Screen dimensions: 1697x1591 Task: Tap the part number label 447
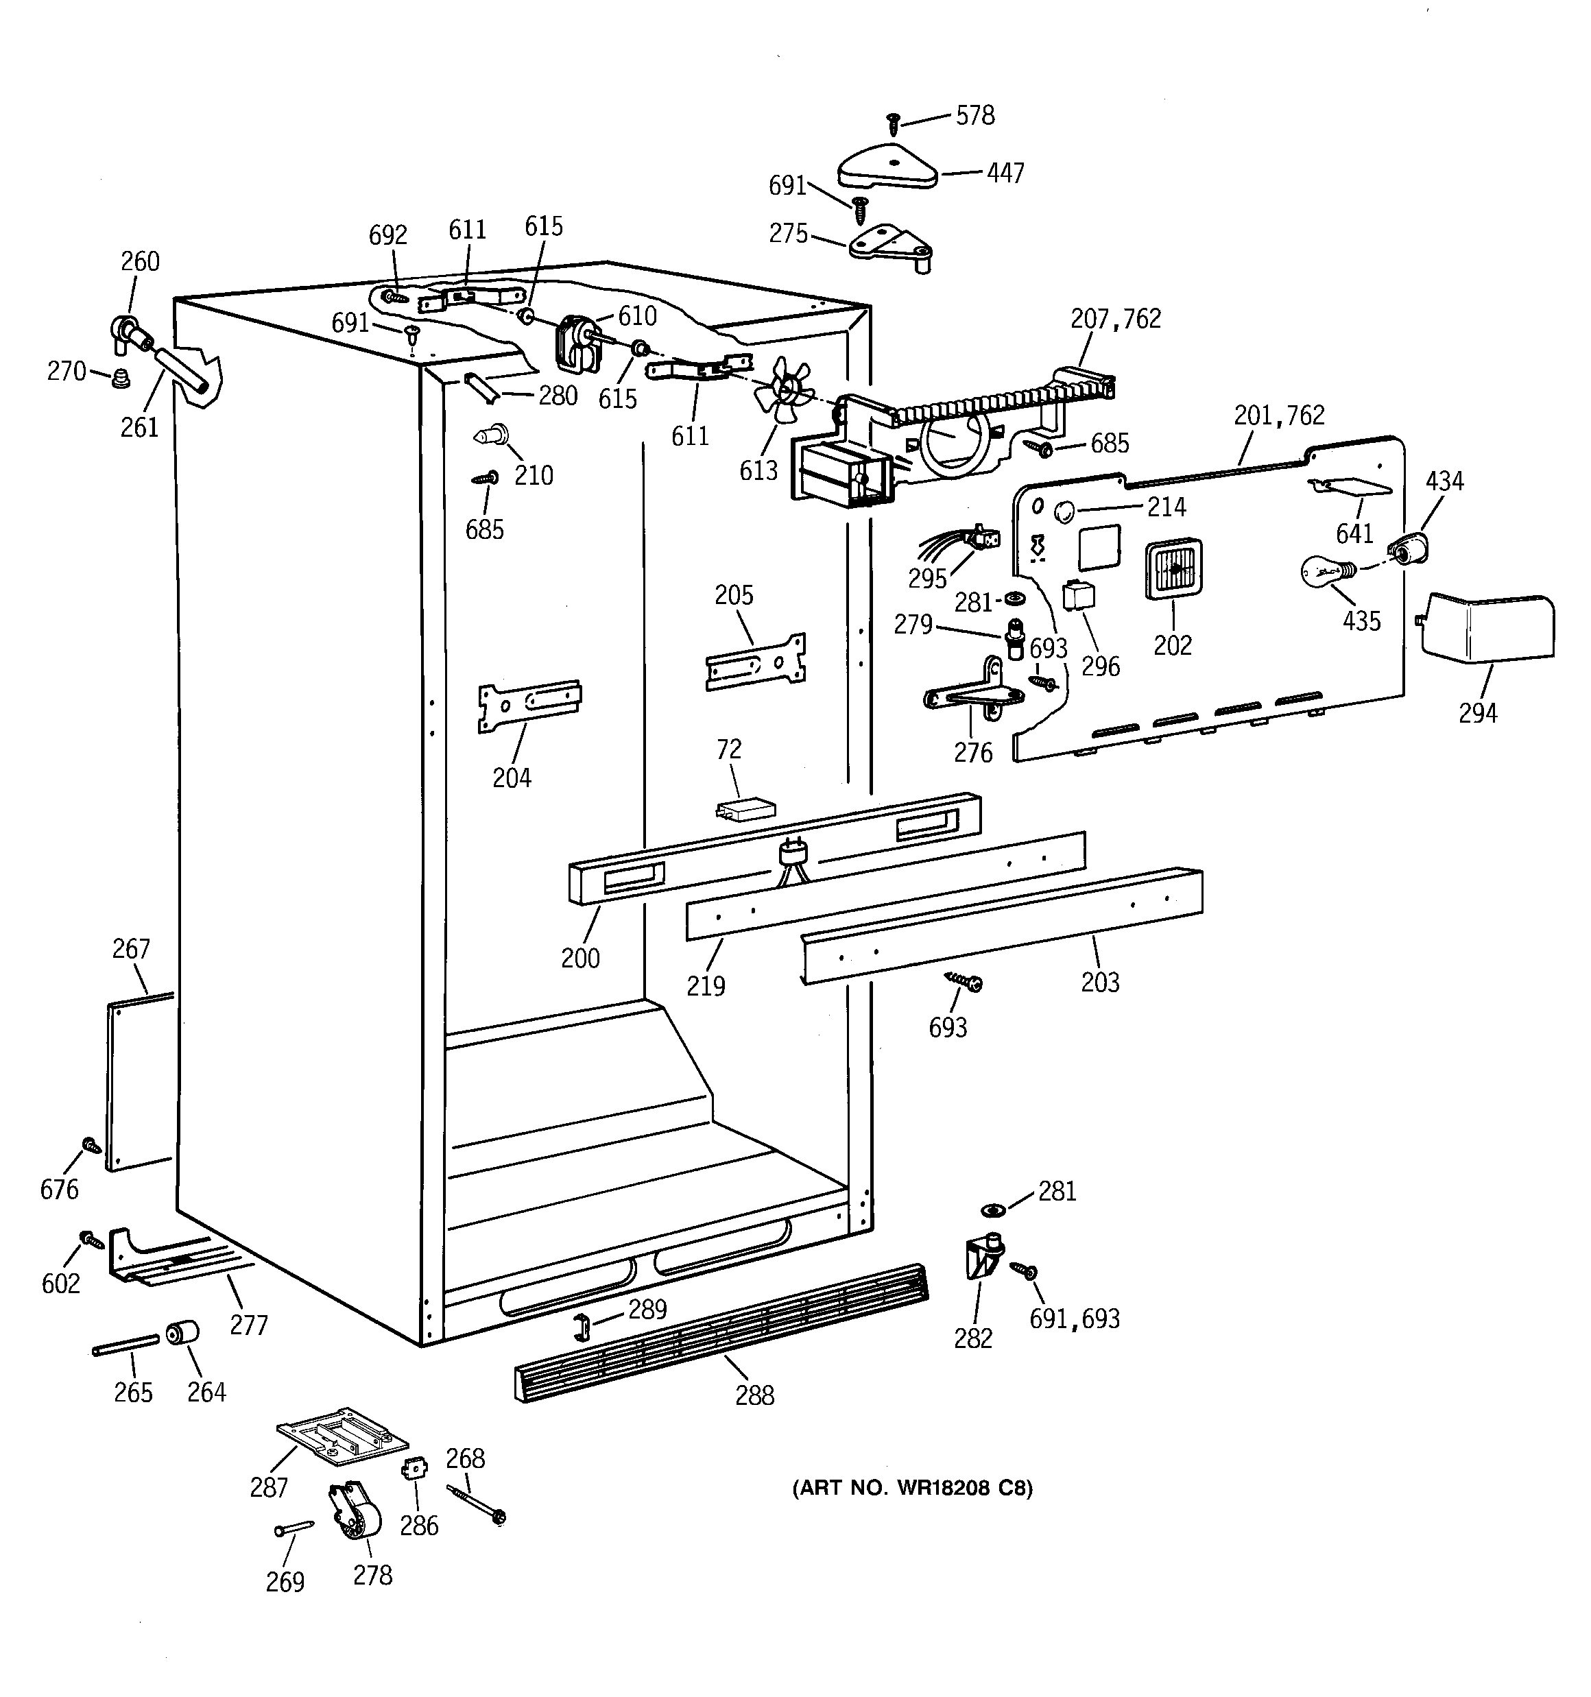point(1005,173)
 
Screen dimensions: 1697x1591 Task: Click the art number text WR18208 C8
point(912,1489)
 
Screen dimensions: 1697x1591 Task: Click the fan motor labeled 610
point(575,344)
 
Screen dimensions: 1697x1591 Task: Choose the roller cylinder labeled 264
point(182,1334)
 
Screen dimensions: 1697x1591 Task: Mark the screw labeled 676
point(91,1146)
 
